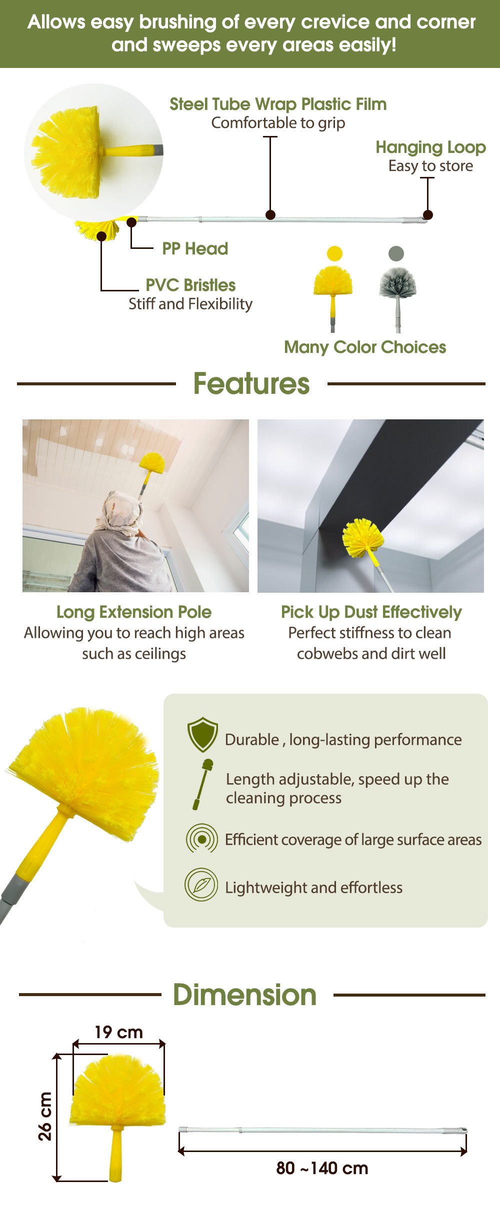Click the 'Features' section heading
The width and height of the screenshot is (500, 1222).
coord(251,384)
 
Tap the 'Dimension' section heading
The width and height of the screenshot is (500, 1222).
coord(245,995)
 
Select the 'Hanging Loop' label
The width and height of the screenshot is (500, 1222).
coord(430,147)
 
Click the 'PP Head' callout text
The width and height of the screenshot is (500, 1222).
coord(195,248)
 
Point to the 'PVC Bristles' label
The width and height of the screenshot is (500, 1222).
coord(190,285)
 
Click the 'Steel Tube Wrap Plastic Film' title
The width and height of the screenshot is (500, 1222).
coord(278,104)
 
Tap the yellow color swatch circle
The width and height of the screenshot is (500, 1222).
coord(334,253)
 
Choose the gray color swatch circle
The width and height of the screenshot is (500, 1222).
coord(396,253)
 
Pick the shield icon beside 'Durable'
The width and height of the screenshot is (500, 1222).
coord(202,735)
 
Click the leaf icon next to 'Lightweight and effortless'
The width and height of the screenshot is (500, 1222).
coord(201,885)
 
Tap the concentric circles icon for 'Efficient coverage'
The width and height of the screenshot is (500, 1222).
coord(202,839)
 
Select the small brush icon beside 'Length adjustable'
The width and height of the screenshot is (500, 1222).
coord(203,784)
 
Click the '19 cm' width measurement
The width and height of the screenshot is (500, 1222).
coord(119,1032)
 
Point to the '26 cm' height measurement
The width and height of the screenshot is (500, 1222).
coord(45,1116)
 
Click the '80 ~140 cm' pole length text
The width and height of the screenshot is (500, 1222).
coord(322,1168)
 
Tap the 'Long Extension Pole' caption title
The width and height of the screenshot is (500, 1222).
coord(134,612)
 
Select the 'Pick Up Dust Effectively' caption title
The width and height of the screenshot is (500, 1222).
coord(371,612)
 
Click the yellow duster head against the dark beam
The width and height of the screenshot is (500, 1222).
coord(363,538)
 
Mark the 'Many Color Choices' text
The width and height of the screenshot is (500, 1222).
coord(365,347)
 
